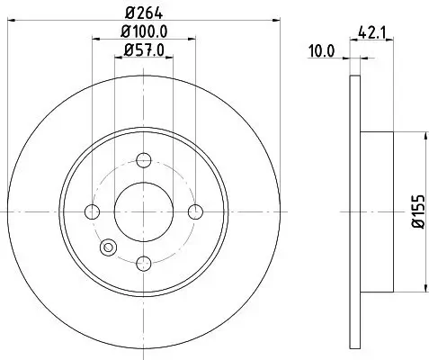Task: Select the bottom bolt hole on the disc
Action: (x=144, y=263)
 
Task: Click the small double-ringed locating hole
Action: (x=110, y=246)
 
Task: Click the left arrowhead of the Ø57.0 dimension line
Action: (x=117, y=59)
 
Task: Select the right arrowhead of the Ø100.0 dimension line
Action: (x=193, y=40)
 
